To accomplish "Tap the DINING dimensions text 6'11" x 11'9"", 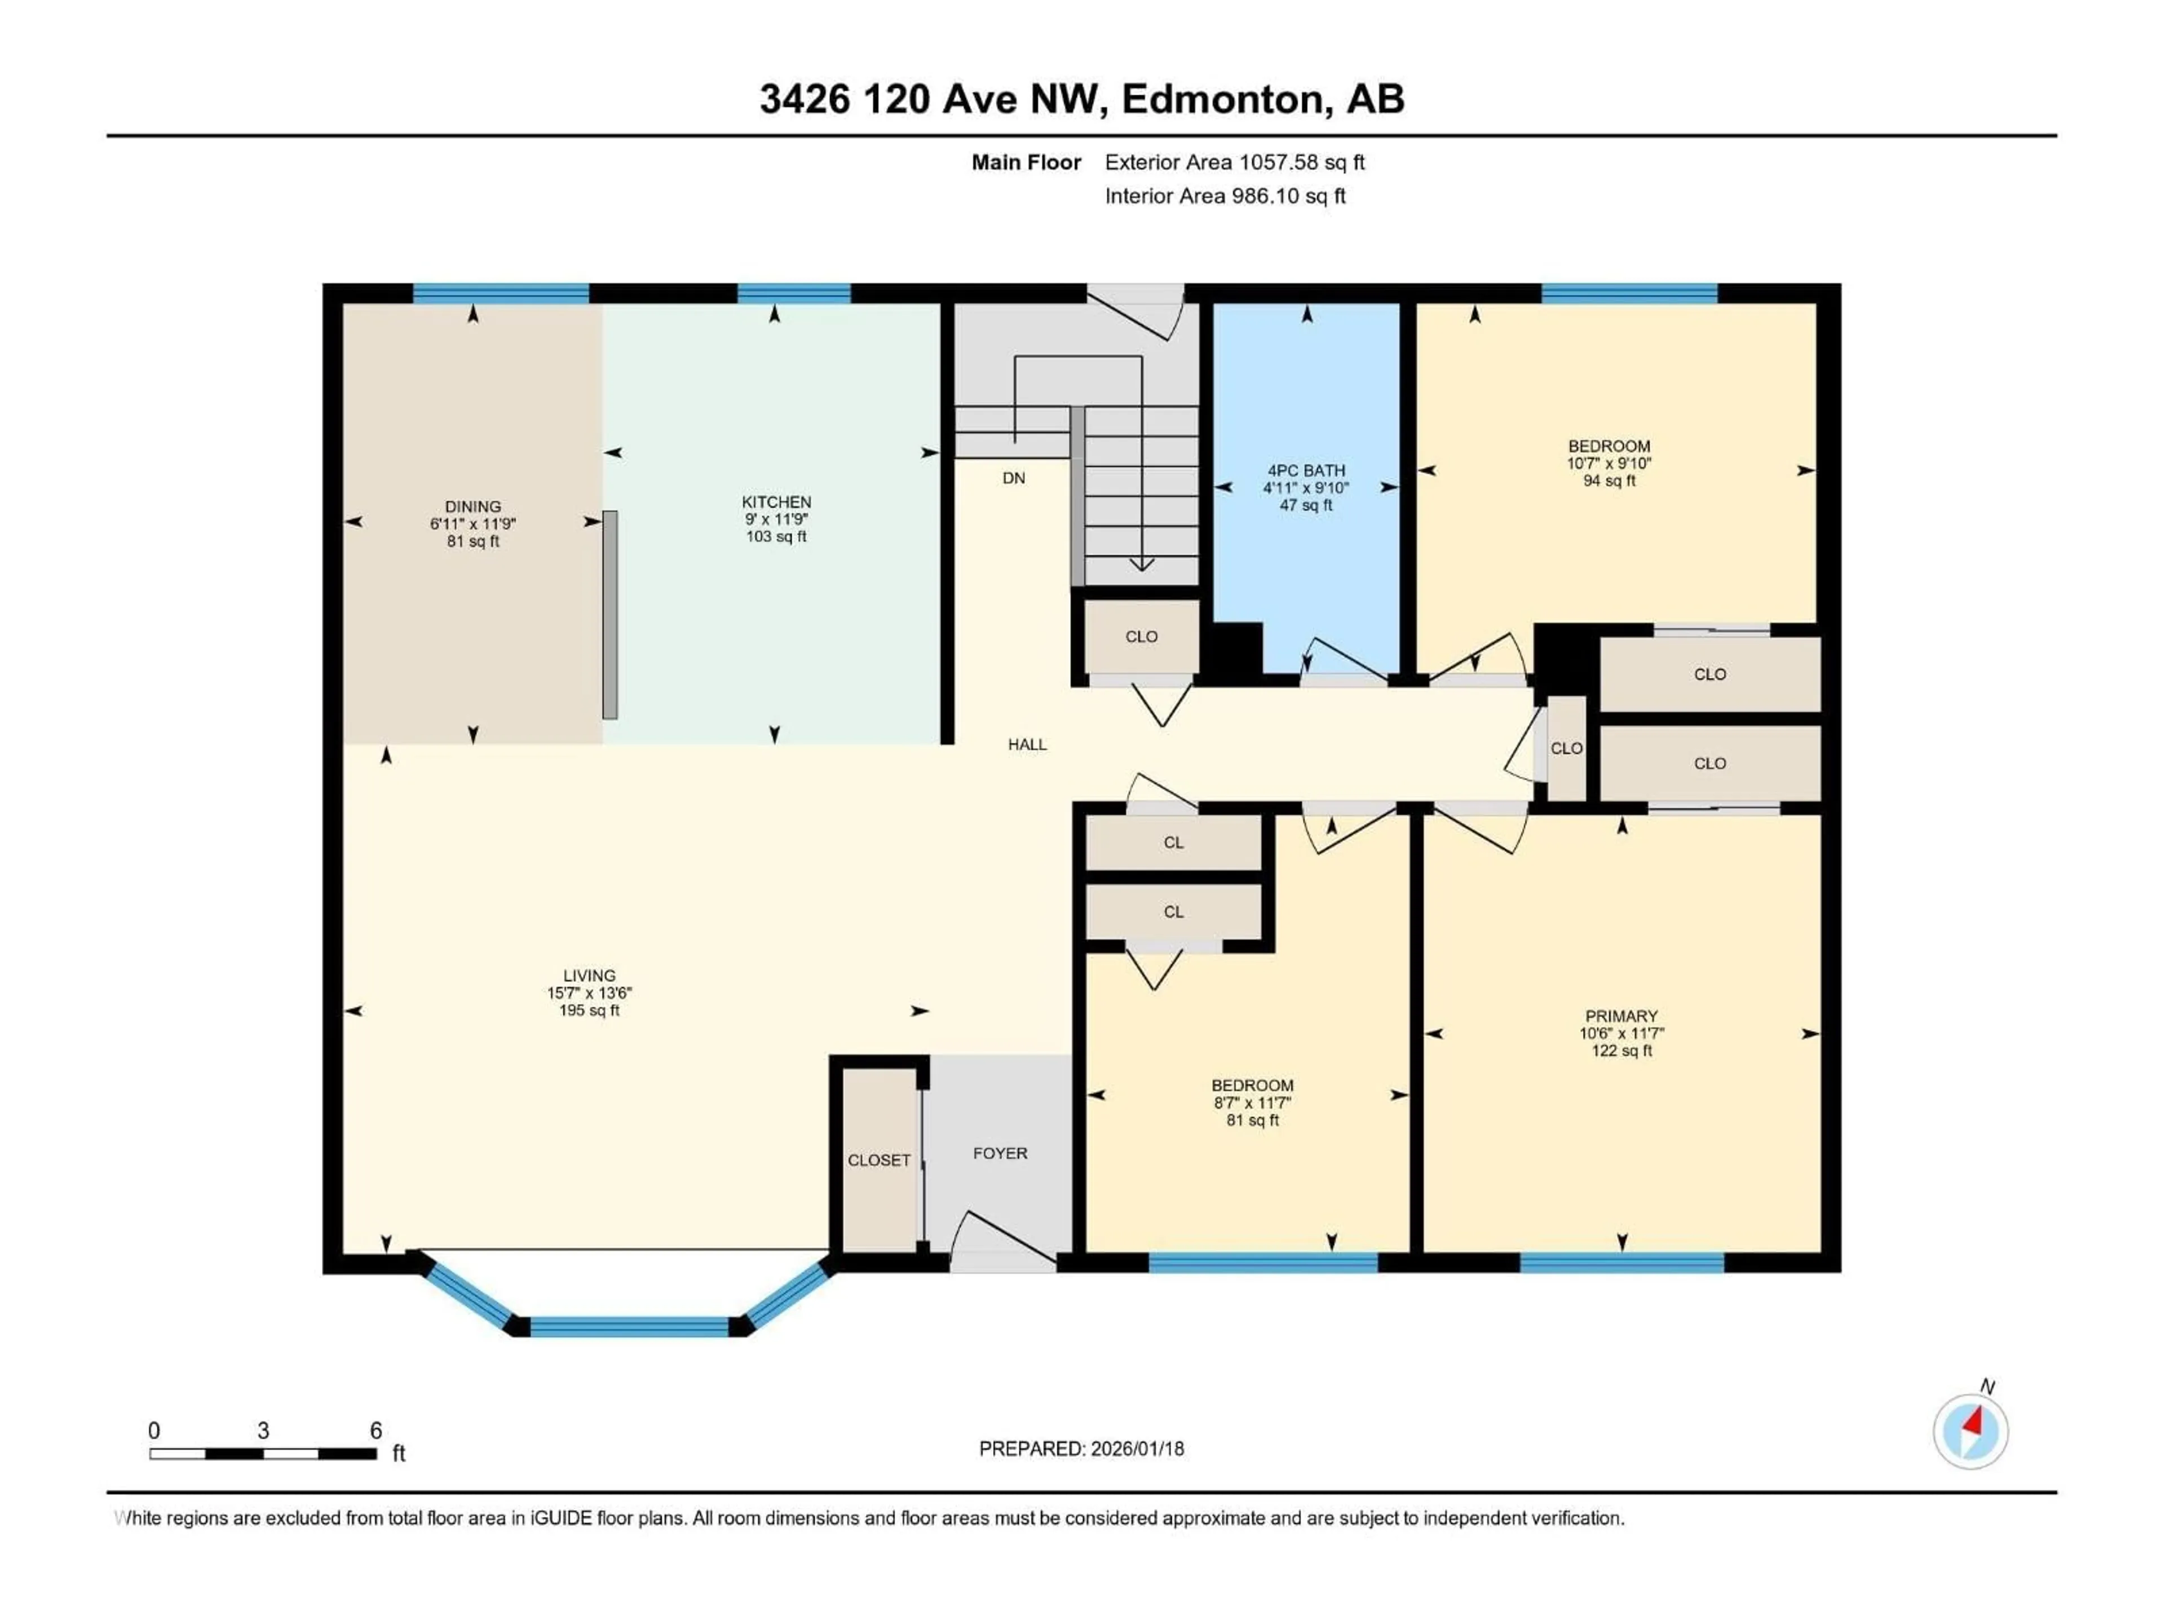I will [472, 524].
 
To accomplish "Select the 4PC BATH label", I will [1306, 471].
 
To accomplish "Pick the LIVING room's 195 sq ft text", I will [589, 1010].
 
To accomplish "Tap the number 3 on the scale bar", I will [263, 1430].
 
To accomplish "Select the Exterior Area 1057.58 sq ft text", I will [1234, 162].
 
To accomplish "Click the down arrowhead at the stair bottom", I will [1141, 565].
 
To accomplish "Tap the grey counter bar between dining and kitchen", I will [610, 615].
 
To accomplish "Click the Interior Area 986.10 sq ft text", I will [1225, 196].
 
